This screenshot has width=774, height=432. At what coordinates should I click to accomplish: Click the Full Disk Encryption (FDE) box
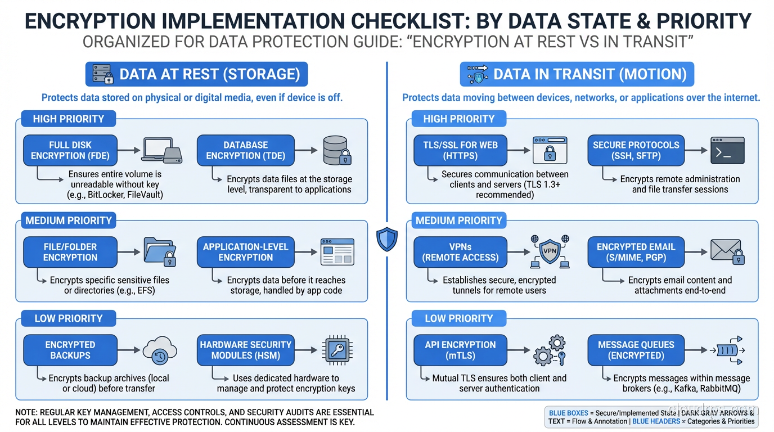click(70, 150)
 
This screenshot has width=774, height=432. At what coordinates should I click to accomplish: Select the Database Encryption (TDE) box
click(245, 150)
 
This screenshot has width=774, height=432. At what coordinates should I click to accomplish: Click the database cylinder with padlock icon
click(337, 150)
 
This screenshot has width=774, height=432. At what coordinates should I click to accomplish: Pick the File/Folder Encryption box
click(70, 252)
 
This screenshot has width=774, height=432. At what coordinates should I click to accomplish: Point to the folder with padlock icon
click(160, 252)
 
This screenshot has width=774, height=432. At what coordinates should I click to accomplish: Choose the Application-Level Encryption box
click(245, 252)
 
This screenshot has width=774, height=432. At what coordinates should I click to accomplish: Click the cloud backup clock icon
click(160, 350)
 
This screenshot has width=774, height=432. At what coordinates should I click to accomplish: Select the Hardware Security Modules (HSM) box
click(245, 350)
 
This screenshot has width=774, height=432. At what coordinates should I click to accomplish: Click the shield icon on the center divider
click(387, 239)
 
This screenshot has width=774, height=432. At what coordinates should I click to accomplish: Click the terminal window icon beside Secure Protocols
click(727, 150)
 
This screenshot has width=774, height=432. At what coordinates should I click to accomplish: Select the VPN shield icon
click(548, 251)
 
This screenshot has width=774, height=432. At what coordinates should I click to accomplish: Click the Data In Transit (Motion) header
click(577, 74)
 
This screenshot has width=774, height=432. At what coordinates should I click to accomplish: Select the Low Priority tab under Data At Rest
click(68, 318)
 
